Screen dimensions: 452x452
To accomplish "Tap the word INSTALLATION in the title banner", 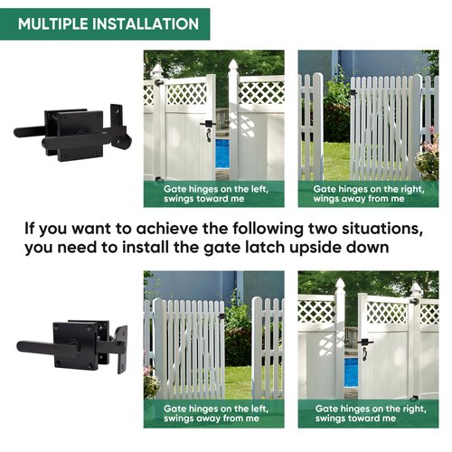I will pos(145,24).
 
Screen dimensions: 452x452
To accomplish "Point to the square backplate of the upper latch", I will pos(80,135).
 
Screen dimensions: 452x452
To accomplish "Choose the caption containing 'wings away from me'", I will pos(366,194).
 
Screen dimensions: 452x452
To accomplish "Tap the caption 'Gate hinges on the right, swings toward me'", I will pos(366,413).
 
